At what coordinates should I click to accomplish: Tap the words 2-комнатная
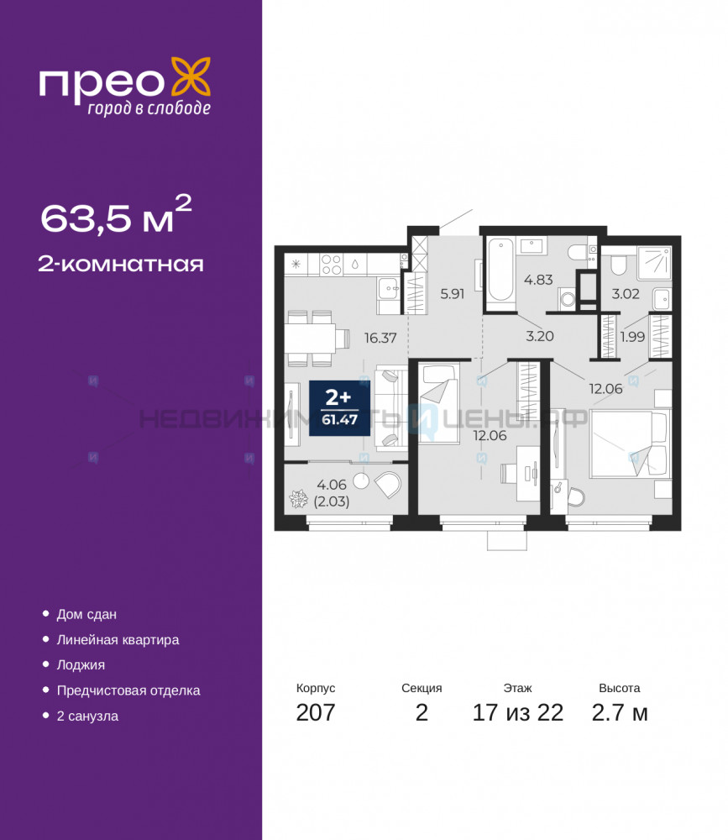121,265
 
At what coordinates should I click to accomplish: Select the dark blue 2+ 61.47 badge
339,408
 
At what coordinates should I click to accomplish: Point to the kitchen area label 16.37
380,338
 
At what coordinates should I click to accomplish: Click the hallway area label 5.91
452,293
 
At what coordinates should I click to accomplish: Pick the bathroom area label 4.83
538,280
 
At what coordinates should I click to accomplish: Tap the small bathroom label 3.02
626,293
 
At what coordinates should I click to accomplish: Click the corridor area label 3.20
539,337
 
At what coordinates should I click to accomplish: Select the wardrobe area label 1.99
632,337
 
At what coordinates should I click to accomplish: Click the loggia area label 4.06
332,485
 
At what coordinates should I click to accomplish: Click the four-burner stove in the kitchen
331,265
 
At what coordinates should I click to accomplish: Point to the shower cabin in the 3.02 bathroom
654,263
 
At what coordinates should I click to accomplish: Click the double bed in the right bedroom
630,443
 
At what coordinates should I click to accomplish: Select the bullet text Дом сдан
86,615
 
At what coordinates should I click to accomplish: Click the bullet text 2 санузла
87,717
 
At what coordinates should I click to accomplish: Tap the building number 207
316,712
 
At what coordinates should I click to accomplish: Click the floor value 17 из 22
517,712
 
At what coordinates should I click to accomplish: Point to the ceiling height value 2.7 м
620,712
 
